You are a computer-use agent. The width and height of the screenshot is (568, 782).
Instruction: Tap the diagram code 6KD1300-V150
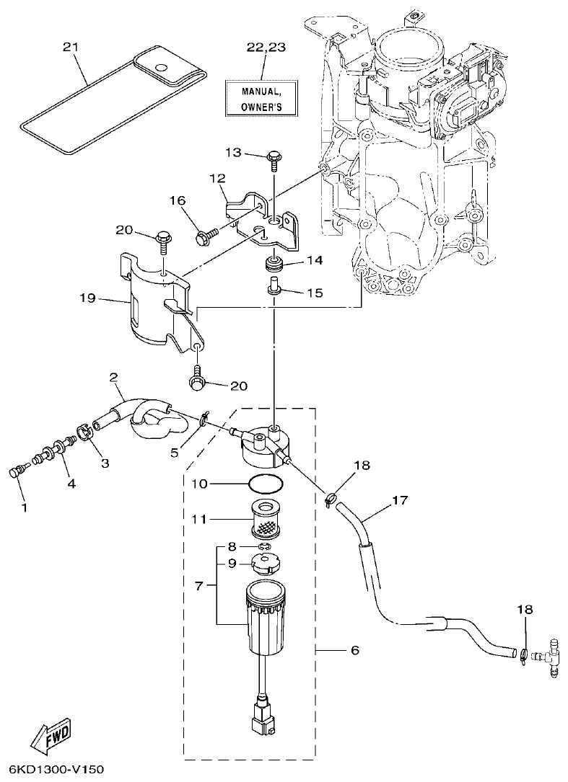pos(53,769)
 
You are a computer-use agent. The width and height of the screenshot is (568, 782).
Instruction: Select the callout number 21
pos(70,47)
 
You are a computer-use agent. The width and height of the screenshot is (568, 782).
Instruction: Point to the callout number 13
pos(234,152)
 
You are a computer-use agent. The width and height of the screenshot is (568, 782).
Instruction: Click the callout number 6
pos(354,650)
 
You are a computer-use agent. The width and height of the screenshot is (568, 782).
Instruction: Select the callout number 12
pos(218,177)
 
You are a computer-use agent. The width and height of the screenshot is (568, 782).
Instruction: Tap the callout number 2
pos(113,377)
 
